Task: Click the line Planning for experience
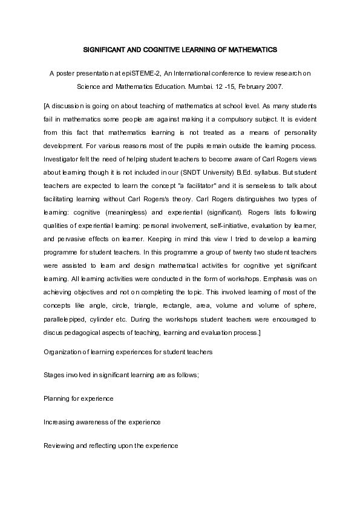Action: click(79, 398)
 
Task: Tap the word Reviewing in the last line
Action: click(61, 446)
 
